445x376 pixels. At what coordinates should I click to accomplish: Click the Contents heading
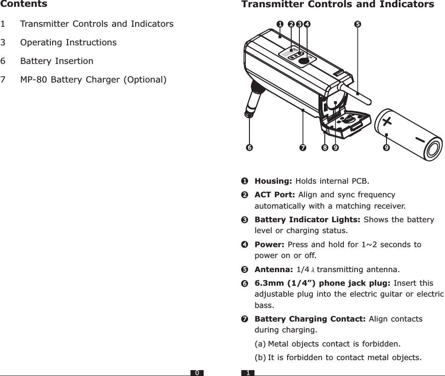click(24, 4)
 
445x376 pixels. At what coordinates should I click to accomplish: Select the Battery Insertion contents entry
click(57, 61)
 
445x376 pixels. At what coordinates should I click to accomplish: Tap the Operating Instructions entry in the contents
click(68, 42)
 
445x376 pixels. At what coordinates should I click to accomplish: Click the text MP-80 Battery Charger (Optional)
click(93, 80)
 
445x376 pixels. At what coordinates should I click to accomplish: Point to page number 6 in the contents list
click(3, 61)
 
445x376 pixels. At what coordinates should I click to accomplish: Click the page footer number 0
click(197, 373)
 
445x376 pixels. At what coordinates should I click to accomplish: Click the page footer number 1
click(248, 373)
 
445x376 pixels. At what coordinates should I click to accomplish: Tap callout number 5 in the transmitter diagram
click(357, 23)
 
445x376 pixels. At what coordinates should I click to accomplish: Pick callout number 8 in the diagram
click(325, 147)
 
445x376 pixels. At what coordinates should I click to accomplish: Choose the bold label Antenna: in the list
click(274, 270)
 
